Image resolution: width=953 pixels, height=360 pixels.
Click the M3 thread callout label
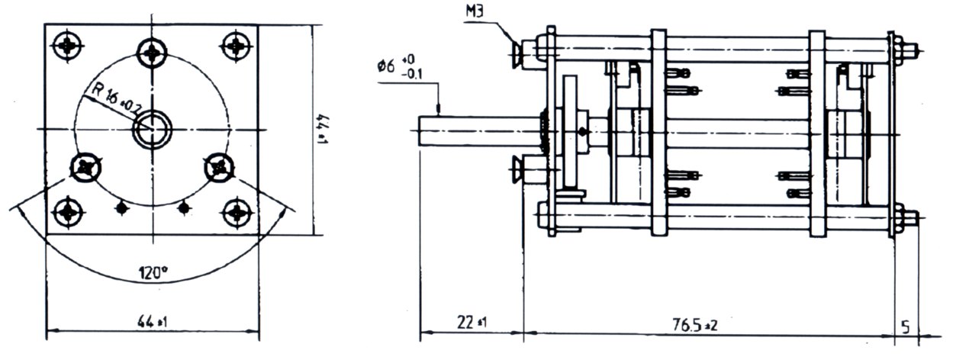pos(475,11)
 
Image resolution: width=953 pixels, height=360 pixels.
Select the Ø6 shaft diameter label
pos(386,66)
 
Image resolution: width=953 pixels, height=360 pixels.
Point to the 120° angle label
pos(153,272)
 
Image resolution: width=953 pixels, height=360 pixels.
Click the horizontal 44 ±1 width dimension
pos(153,323)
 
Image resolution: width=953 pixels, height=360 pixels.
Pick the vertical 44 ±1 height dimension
pos(323,129)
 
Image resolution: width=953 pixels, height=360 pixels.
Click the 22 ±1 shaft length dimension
pos(472,322)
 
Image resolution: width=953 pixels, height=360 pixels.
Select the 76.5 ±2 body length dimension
pos(695,325)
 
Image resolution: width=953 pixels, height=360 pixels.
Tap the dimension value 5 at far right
pos(906,327)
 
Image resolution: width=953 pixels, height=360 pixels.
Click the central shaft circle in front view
pos(152,130)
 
